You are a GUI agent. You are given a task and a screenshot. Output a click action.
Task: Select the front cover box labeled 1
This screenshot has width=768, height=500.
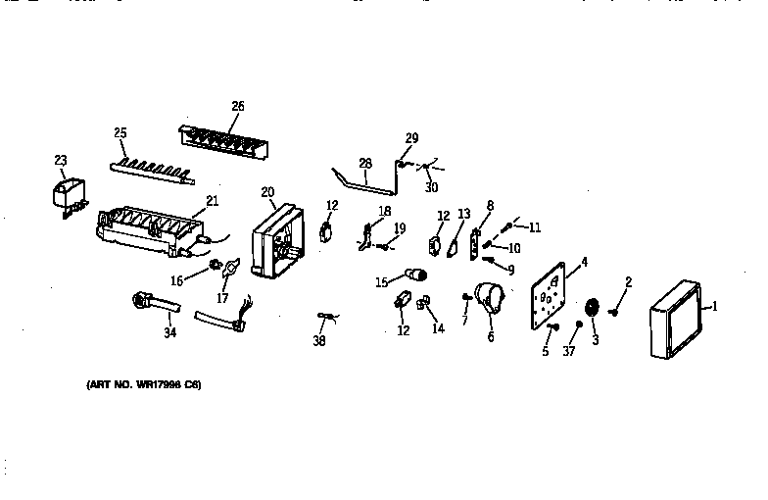tap(674, 321)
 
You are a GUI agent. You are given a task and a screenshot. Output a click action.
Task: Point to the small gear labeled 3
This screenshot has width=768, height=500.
tap(591, 309)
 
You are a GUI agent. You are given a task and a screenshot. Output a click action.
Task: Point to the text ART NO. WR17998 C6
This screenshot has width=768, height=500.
tap(143, 384)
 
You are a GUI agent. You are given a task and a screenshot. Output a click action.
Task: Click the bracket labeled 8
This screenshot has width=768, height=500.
tap(477, 243)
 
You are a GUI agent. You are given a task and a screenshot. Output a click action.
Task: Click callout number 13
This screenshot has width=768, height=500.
tap(464, 214)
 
